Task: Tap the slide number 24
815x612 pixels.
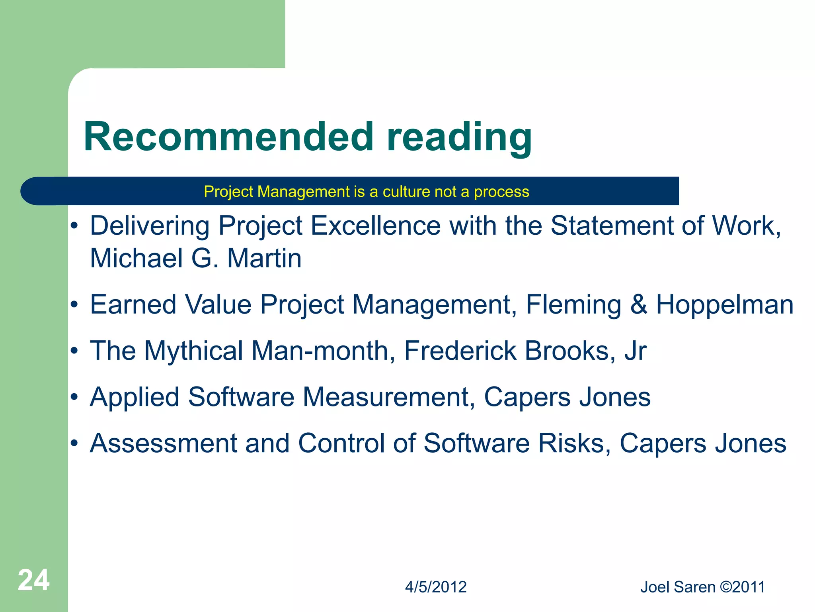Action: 33,580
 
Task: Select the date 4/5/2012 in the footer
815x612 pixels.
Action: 436,587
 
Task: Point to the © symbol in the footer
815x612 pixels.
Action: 726,587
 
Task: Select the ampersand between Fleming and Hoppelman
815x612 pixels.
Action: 638,305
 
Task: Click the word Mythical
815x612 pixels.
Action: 193,351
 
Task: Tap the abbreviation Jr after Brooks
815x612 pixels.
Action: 636,351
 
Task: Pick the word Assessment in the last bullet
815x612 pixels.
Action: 164,443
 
